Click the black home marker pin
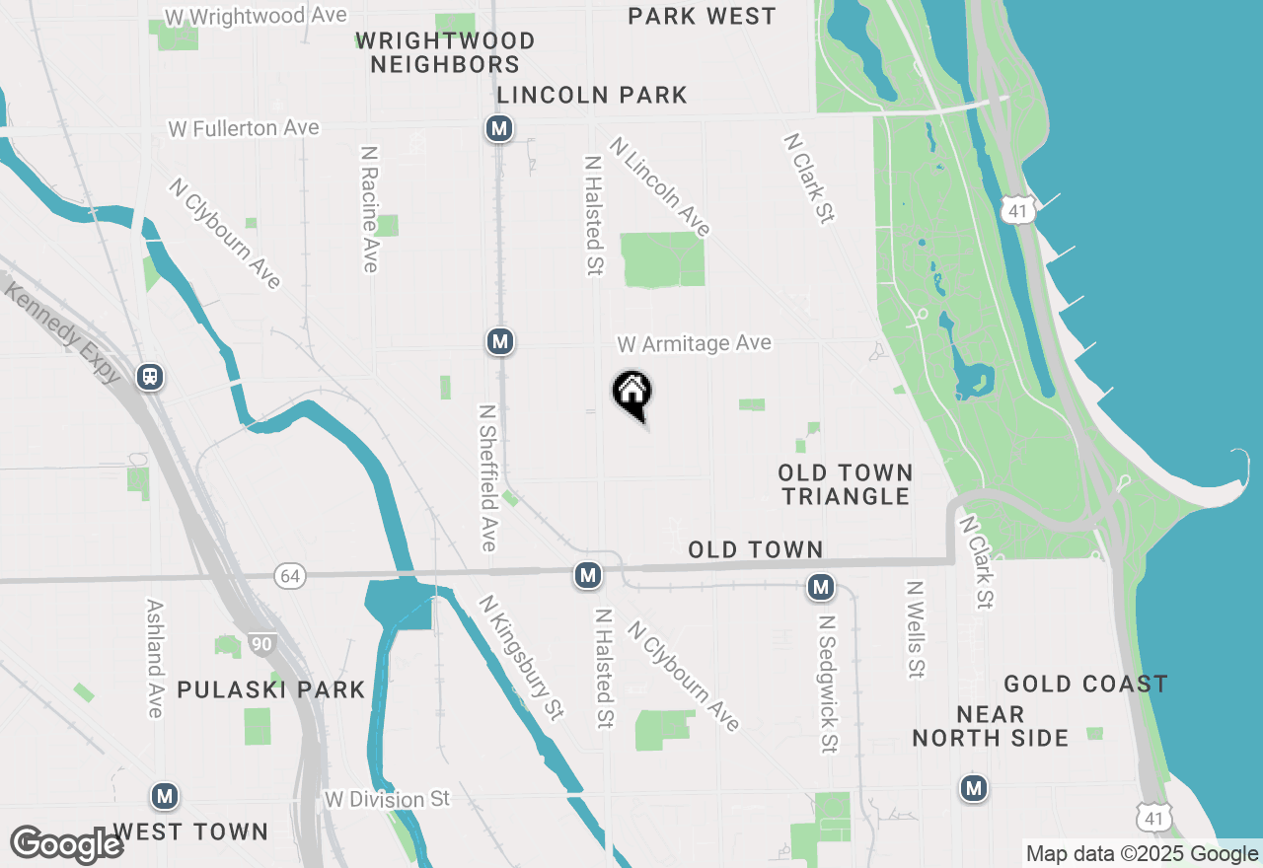coord(632,394)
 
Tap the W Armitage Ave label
coord(694,343)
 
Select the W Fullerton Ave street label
coord(244,128)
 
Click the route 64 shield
coord(289,577)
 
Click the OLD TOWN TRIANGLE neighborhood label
coord(845,484)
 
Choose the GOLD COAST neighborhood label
coord(1085,684)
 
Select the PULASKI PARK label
coord(270,689)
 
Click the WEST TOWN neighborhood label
coord(190,832)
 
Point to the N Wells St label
coord(916,628)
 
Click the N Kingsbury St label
coord(521,657)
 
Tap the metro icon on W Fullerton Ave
coord(499,128)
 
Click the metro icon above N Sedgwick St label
coord(820,588)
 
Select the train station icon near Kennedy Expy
coord(150,376)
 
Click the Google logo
coord(66,844)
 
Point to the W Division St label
coord(387,798)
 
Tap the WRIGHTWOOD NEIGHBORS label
coord(445,52)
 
